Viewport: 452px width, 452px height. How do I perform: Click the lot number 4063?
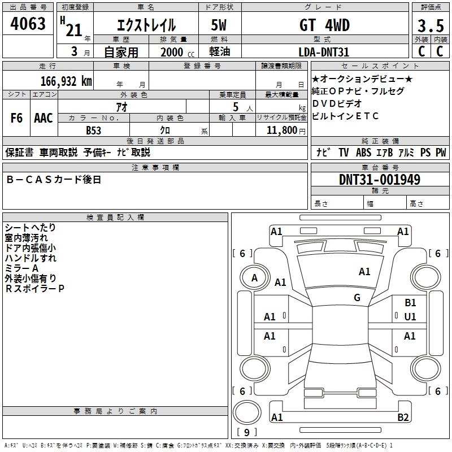[28, 24]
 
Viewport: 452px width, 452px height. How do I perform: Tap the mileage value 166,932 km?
[67, 80]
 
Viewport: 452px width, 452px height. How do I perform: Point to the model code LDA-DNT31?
[324, 52]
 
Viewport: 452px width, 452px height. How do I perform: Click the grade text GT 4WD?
[324, 25]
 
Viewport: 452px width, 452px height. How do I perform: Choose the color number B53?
[94, 130]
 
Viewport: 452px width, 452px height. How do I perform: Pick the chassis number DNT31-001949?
[379, 180]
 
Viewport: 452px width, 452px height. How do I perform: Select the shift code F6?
[16, 118]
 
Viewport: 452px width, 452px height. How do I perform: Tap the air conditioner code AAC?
[44, 118]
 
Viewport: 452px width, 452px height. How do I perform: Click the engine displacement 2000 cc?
[176, 52]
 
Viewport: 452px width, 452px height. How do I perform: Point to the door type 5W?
[220, 25]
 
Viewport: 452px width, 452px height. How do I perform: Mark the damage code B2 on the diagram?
[403, 418]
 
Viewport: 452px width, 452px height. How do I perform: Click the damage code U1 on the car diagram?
[410, 316]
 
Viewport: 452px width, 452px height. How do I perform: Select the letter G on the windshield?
[357, 298]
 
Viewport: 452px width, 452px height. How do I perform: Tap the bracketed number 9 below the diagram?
[246, 433]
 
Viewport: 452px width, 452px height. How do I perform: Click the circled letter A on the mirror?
[254, 277]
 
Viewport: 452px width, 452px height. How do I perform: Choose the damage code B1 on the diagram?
[410, 303]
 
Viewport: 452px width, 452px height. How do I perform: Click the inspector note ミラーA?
[21, 267]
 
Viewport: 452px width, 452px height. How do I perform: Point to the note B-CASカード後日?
[54, 179]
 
